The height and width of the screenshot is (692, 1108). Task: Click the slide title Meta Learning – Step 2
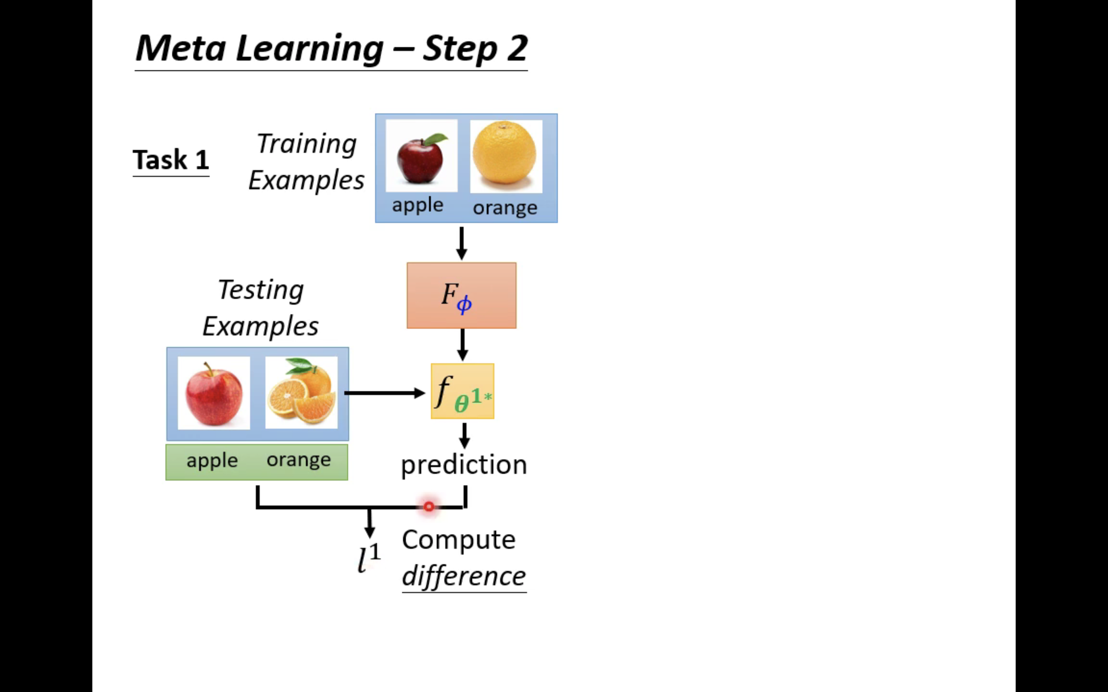pyautogui.click(x=331, y=48)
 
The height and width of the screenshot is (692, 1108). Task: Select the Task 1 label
pyautogui.click(x=171, y=160)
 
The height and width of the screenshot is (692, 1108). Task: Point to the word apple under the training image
pyautogui.click(x=417, y=205)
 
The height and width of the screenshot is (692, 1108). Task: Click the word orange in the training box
pyautogui.click(x=505, y=208)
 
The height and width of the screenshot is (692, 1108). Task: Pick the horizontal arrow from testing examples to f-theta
pyautogui.click(x=385, y=393)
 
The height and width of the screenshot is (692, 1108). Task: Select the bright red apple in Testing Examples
pyautogui.click(x=214, y=393)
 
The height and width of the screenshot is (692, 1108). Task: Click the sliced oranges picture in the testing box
pyautogui.click(x=301, y=393)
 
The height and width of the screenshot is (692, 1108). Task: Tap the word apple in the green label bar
pyautogui.click(x=212, y=460)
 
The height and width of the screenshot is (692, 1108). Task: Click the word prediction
pyautogui.click(x=464, y=465)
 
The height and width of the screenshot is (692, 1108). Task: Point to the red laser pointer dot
pyautogui.click(x=429, y=506)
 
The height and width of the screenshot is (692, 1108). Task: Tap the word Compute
pyautogui.click(x=459, y=540)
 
